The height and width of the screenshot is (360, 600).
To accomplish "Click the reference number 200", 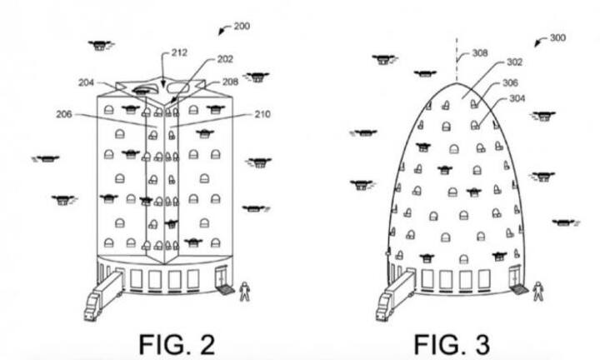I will pyautogui.click(x=242, y=27).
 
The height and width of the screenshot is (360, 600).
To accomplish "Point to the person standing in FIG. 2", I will pyautogui.click(x=244, y=292).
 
